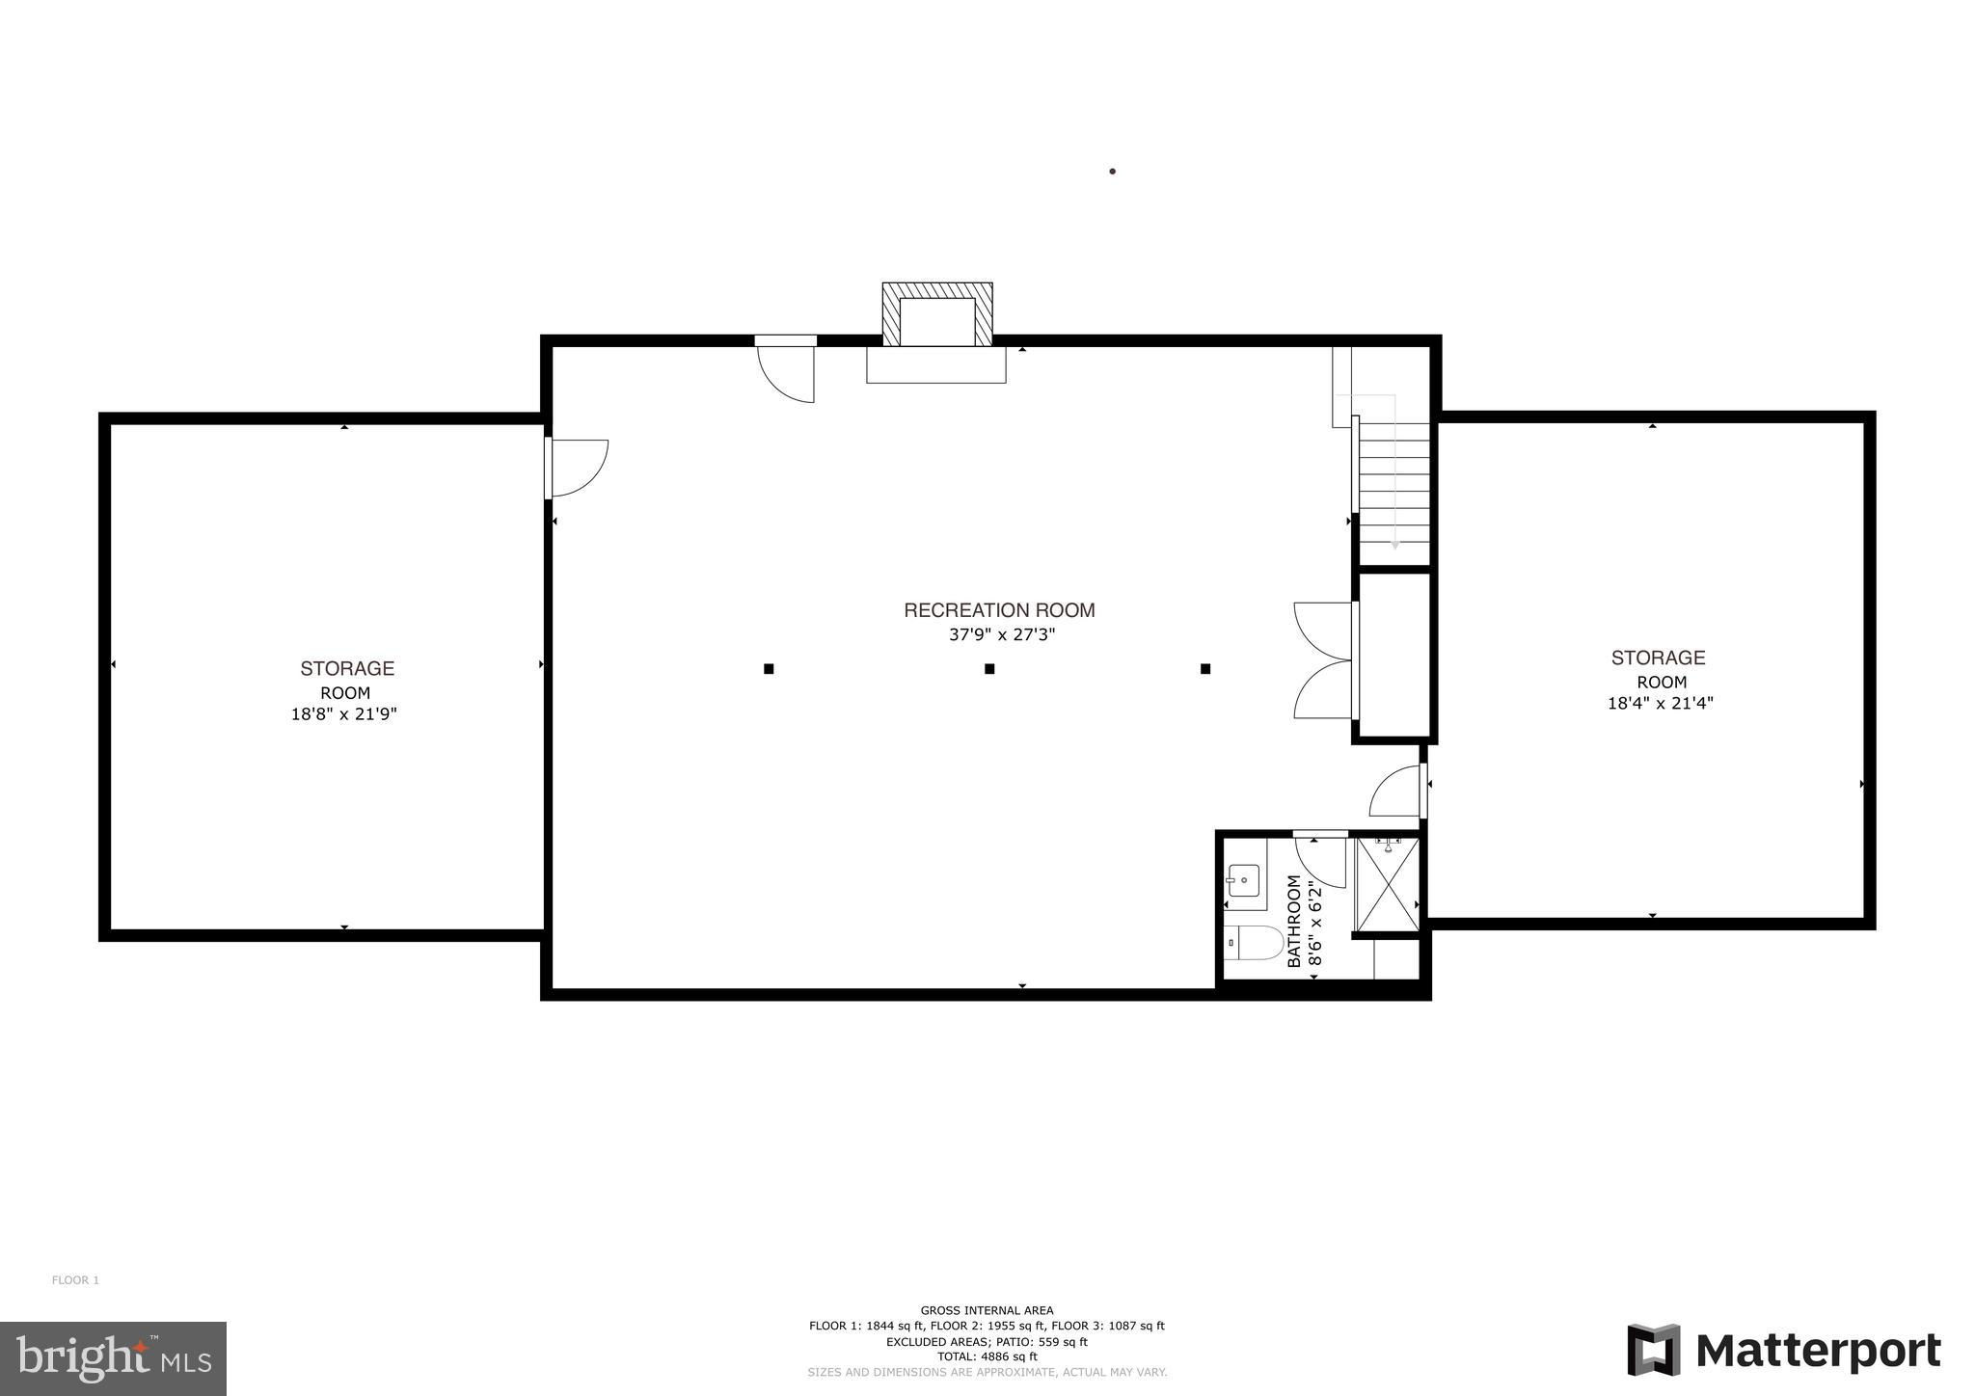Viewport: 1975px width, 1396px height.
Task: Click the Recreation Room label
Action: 999,610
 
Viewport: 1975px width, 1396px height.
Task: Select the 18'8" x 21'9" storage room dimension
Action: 344,714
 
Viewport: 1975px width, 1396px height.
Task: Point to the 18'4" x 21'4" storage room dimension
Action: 1660,704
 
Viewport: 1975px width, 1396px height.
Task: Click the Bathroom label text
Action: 1294,922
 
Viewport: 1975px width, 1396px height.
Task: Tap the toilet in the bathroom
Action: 1254,943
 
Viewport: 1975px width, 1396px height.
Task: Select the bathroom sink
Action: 1243,880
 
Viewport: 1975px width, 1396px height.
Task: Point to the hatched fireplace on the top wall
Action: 936,314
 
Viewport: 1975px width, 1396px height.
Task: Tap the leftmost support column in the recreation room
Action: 769,668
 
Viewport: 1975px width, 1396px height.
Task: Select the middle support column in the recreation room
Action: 989,668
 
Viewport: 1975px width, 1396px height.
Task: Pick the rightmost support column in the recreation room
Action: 1205,668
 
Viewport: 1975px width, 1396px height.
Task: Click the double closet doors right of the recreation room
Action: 1324,660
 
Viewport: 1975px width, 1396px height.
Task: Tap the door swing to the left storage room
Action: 577,469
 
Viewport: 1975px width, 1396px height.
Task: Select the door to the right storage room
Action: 1397,791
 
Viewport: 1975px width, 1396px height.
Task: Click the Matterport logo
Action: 1784,1350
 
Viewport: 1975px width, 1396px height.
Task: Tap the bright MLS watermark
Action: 114,1358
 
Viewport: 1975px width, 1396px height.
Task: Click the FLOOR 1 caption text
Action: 75,1280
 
